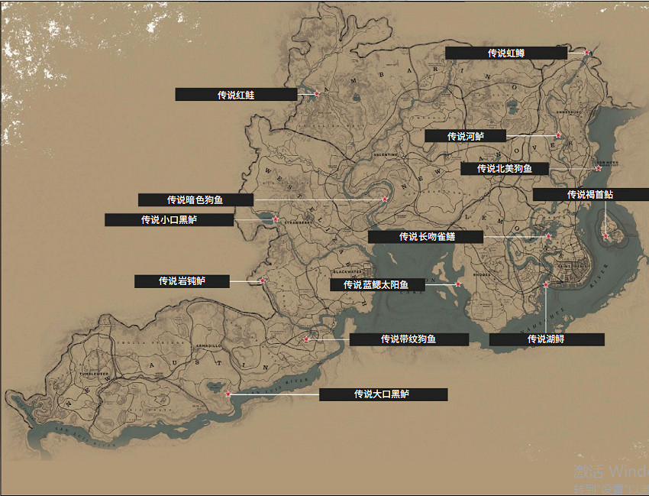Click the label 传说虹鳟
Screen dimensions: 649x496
[506, 53]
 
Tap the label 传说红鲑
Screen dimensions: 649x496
[236, 95]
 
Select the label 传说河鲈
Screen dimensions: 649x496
[465, 136]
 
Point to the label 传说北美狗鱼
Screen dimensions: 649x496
[504, 169]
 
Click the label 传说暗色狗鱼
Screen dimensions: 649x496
[195, 200]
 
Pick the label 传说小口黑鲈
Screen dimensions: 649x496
[169, 220]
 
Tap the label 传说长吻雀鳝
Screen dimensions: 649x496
[426, 237]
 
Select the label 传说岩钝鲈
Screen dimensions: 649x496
[182, 281]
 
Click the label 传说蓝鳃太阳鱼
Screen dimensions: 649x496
[376, 285]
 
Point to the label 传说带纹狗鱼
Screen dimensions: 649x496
[408, 339]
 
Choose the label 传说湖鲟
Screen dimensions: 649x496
[547, 339]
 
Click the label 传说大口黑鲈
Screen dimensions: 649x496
[383, 394]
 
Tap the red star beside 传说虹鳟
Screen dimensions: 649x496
[587, 53]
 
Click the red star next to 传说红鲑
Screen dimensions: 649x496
[317, 94]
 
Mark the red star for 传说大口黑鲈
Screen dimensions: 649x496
[228, 394]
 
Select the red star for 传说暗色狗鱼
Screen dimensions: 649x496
[385, 199]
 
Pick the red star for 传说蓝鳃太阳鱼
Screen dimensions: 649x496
[458, 284]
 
